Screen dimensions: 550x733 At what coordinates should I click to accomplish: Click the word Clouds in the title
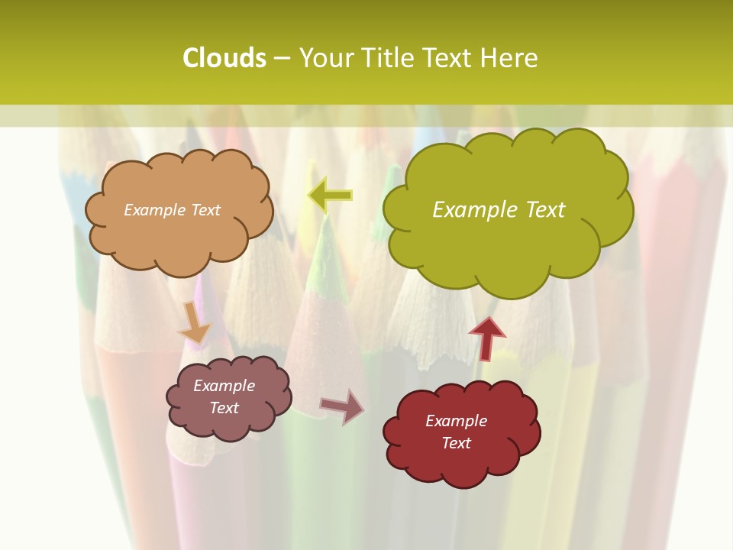(224, 58)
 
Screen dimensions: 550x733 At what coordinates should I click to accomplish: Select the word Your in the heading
(326, 58)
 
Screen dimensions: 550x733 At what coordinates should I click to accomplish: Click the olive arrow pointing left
(330, 196)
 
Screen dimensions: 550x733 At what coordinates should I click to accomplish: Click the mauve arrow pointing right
(342, 406)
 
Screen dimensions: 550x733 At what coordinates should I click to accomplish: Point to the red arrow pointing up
(487, 337)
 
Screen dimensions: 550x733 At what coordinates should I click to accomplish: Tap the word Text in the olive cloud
(540, 209)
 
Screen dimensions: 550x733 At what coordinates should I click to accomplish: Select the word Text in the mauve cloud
(224, 408)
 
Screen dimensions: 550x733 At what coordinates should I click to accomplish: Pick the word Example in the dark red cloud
(456, 421)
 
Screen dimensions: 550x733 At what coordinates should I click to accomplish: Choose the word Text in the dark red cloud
(456, 443)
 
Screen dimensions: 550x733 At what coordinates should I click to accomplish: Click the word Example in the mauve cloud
(224, 386)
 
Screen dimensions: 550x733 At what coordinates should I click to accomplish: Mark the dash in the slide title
(282, 59)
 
